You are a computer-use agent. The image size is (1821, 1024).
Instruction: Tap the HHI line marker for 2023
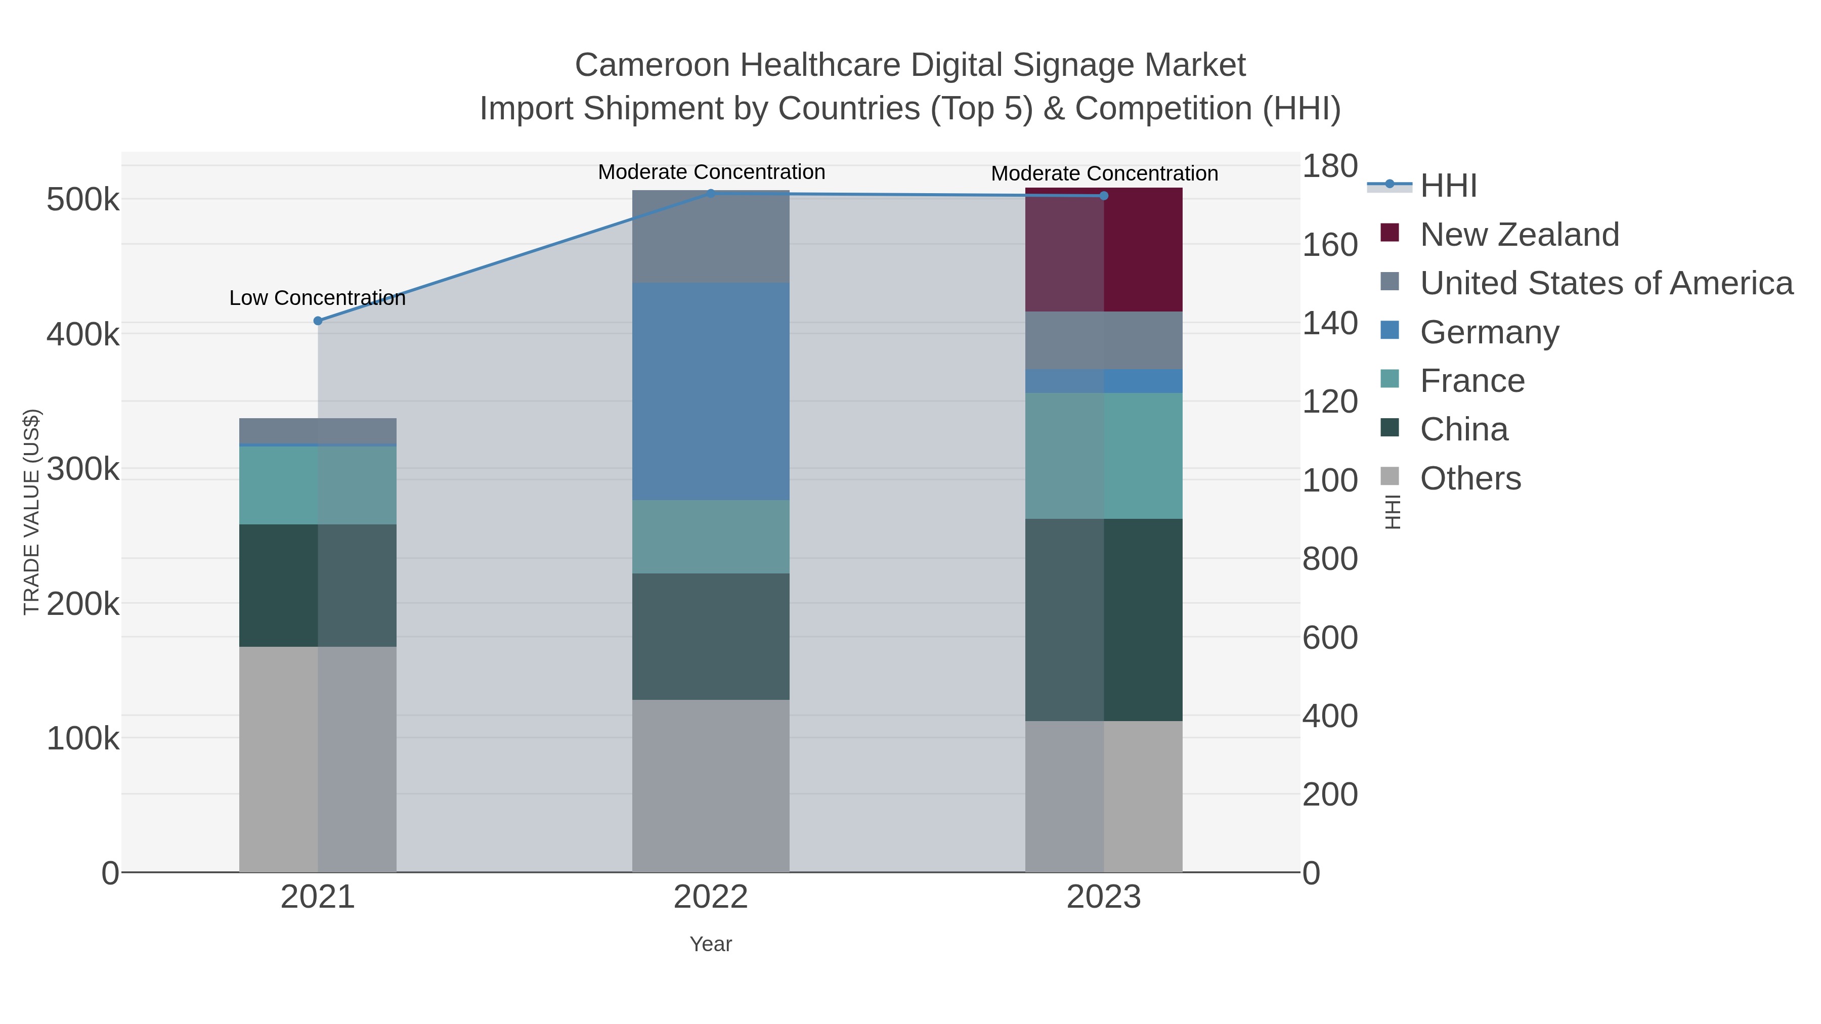1104,196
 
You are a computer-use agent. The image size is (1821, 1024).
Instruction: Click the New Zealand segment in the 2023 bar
1104,249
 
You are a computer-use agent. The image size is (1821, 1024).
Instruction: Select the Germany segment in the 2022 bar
711,391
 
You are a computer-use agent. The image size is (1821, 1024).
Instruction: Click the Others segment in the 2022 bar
711,786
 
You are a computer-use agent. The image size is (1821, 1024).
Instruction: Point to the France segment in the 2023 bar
1104,456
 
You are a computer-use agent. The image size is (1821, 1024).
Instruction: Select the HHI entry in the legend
1448,186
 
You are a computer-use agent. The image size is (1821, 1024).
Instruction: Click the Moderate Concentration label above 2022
711,172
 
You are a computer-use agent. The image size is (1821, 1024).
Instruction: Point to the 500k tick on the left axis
83,200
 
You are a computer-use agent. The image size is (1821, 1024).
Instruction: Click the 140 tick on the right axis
1330,324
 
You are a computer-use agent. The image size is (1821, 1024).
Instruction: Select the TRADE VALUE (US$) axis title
32,512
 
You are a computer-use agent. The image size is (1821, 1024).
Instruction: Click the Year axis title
711,944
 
